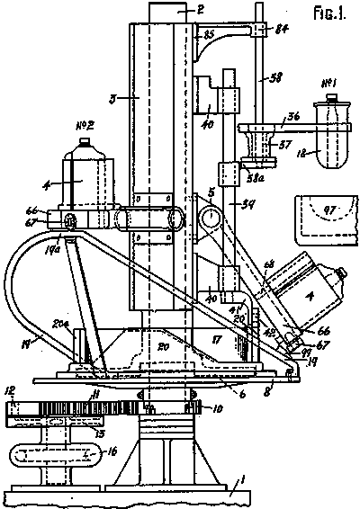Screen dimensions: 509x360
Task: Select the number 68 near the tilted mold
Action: [x=268, y=263]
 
